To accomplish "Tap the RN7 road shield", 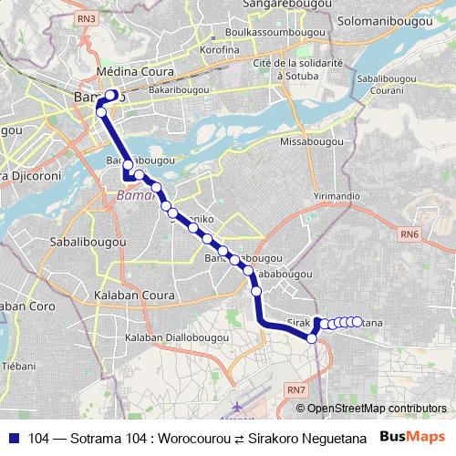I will click(295, 390).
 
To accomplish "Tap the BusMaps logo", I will click(410, 438).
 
